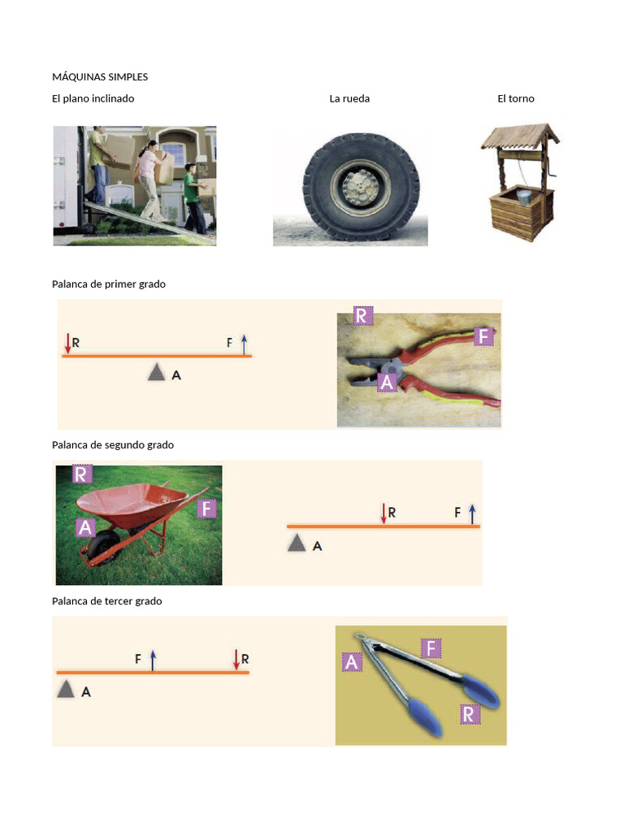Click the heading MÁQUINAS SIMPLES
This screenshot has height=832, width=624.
(100, 77)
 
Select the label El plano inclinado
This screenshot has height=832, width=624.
(93, 98)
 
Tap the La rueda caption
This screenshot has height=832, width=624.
(349, 98)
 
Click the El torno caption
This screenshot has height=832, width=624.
(516, 98)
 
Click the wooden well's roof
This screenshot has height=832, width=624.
(520, 136)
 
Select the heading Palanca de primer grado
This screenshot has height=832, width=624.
(108, 284)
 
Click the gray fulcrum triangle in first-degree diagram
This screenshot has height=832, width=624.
(156, 373)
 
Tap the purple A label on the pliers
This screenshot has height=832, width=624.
(388, 382)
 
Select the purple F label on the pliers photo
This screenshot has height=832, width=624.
(483, 336)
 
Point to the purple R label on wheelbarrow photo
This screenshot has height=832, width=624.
(82, 474)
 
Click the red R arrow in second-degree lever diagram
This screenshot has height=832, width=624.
(383, 513)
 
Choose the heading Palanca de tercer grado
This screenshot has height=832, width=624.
(106, 601)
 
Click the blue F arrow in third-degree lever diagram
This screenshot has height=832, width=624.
(153, 660)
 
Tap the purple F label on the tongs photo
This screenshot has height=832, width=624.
(431, 648)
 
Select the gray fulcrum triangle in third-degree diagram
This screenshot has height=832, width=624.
(66, 691)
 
